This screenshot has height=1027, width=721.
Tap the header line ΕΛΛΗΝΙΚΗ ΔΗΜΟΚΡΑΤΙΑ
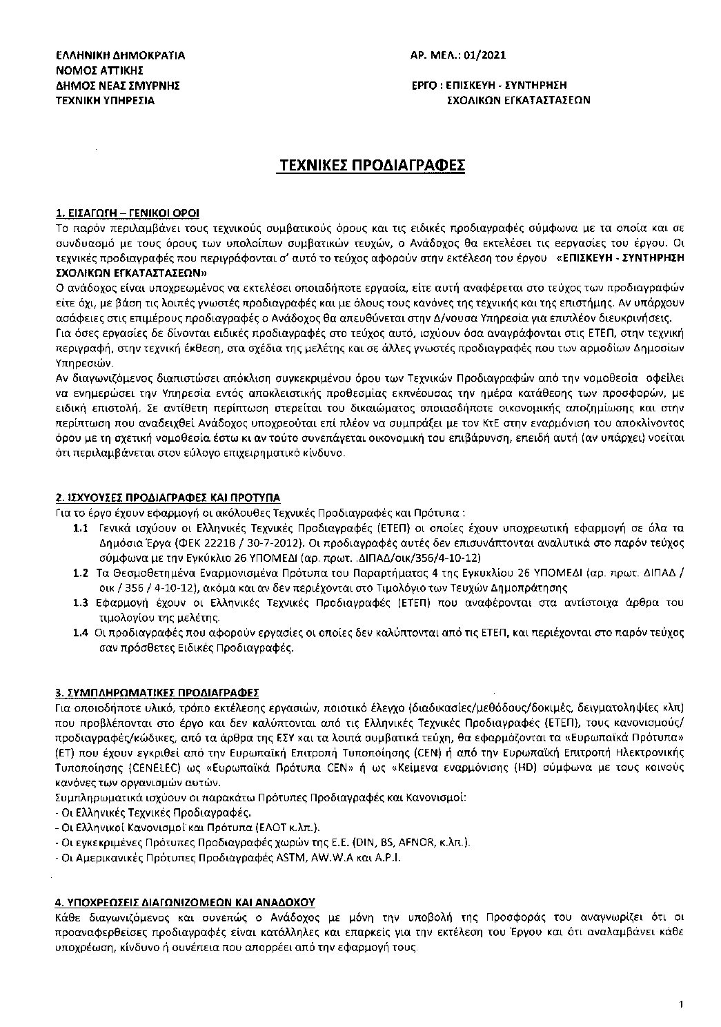point(121,55)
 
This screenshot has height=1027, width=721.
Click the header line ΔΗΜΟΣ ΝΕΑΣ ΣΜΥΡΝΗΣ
point(118,85)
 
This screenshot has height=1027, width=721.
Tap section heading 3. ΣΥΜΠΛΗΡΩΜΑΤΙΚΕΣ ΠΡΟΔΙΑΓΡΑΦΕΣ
point(157,692)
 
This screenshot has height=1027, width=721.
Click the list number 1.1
point(79,528)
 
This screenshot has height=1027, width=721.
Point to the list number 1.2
point(79,573)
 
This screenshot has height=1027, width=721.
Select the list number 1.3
point(79,603)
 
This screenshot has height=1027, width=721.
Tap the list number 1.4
point(79,633)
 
